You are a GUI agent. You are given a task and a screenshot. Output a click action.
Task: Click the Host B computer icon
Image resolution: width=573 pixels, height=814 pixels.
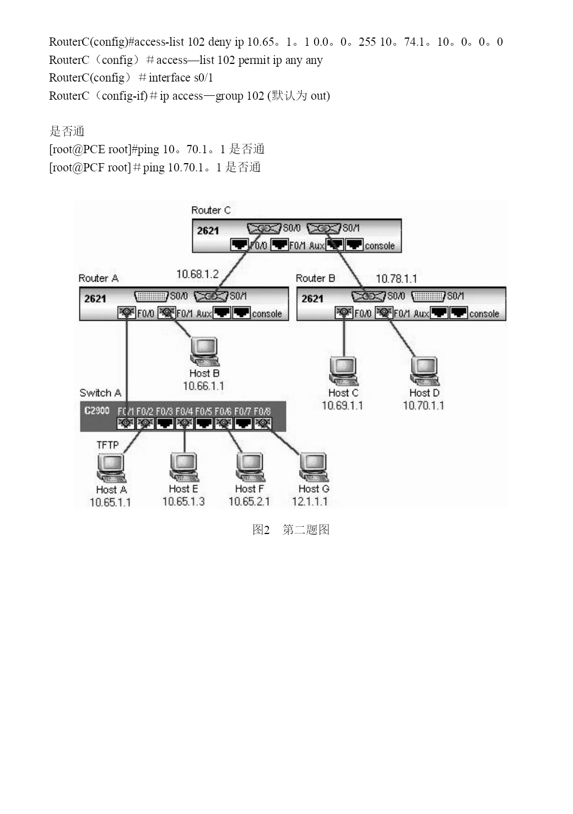[205, 352]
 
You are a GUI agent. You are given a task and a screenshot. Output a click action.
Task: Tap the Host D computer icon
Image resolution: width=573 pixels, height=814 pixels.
[424, 371]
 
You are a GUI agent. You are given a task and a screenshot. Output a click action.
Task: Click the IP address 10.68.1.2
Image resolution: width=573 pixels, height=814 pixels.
[197, 274]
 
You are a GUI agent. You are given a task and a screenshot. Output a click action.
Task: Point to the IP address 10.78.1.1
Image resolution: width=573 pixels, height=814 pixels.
[396, 279]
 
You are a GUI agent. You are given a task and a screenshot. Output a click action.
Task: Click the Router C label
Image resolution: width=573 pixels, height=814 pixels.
[210, 210]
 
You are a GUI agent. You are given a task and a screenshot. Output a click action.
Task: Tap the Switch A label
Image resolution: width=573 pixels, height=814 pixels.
[100, 393]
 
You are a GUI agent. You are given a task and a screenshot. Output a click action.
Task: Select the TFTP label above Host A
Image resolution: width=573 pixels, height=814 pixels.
[107, 445]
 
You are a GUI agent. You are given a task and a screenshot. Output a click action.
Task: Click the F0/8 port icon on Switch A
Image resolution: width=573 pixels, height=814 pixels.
[263, 423]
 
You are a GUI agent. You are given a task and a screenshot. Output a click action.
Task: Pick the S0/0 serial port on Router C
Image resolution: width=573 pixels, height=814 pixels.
[264, 228]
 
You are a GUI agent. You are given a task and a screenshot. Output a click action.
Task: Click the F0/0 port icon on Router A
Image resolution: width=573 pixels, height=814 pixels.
[126, 312]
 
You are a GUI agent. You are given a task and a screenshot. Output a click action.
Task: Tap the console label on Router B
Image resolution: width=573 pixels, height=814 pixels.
[484, 314]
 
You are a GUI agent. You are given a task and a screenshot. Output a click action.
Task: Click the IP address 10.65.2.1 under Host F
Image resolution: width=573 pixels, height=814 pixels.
[249, 502]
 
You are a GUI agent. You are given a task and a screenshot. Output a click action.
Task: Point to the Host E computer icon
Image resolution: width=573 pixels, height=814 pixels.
[184, 467]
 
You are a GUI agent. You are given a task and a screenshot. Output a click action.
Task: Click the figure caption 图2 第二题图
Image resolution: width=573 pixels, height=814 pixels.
[291, 530]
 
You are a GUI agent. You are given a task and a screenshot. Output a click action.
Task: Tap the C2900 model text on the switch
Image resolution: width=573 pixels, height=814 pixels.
[96, 411]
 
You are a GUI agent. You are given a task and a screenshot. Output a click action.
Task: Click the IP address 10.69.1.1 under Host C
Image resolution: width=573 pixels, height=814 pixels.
[342, 405]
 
